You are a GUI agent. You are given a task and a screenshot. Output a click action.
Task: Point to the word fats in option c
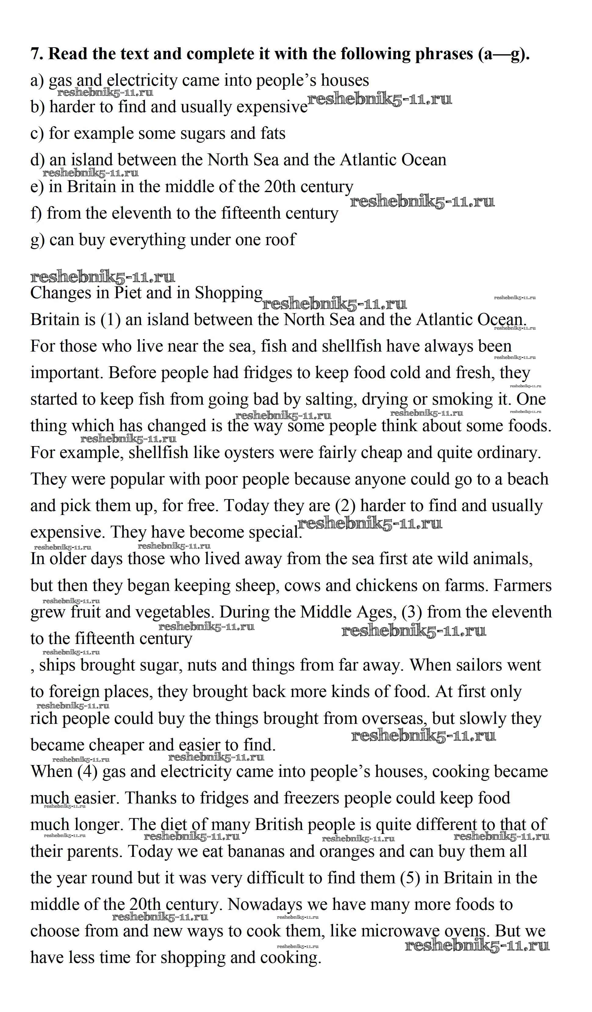point(273,133)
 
